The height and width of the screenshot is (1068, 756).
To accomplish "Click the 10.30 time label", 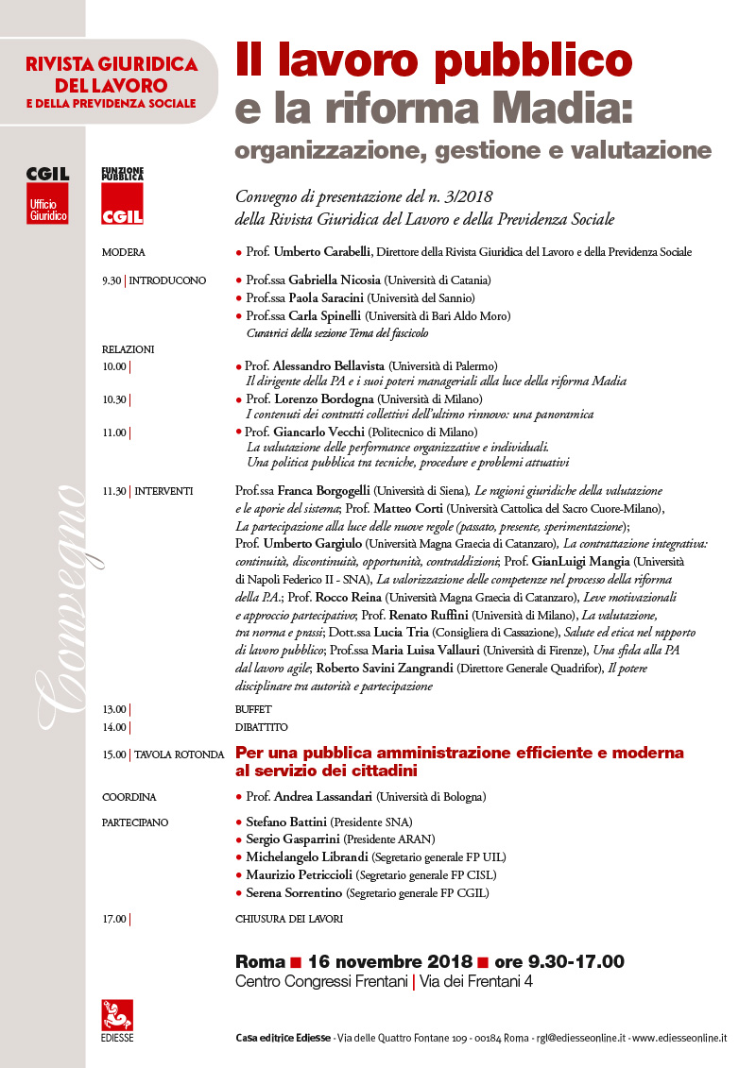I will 114,399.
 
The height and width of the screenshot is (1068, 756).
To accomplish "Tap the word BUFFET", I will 253,708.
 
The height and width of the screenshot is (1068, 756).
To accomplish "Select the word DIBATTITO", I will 261,727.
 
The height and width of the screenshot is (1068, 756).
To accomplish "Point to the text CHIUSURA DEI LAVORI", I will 288,919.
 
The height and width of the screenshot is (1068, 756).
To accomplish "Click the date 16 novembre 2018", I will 389,962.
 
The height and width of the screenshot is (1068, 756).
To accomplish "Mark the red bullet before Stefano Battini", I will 238,822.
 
